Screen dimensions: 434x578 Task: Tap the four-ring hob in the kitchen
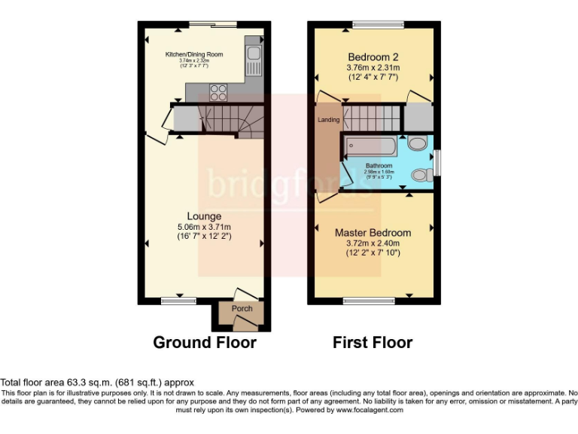[218, 92]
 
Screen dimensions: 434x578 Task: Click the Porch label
[242, 309]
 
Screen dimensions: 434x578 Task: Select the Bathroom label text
[379, 166]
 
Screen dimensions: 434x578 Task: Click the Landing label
[328, 120]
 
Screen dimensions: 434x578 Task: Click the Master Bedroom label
[373, 233]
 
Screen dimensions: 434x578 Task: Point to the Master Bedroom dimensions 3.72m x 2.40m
[373, 243]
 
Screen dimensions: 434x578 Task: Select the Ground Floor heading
[205, 343]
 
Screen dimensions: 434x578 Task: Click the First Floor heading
[373, 343]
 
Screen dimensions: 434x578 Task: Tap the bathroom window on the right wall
[437, 162]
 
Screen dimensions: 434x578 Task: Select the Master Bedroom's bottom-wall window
[369, 301]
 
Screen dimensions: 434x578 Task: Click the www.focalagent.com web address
[370, 411]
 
